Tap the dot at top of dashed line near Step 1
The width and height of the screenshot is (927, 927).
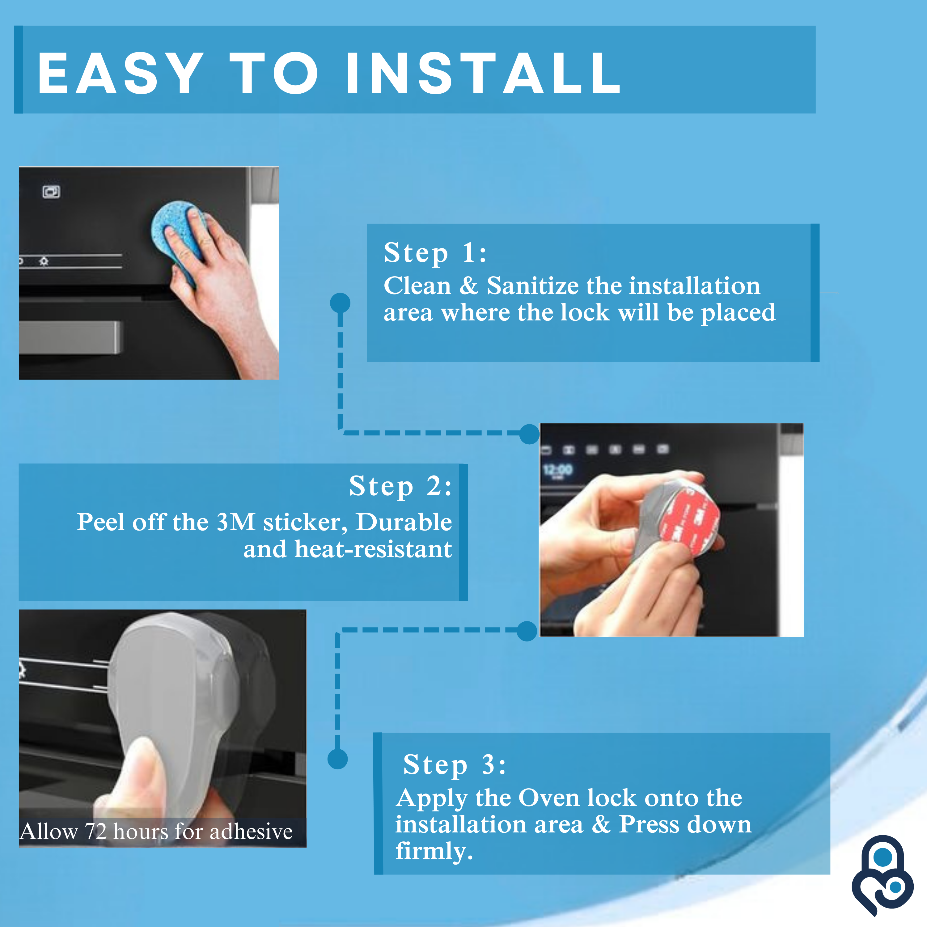[340, 303]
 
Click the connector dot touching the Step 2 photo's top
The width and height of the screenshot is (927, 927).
[530, 434]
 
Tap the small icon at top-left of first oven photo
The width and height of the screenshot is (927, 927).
[51, 192]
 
